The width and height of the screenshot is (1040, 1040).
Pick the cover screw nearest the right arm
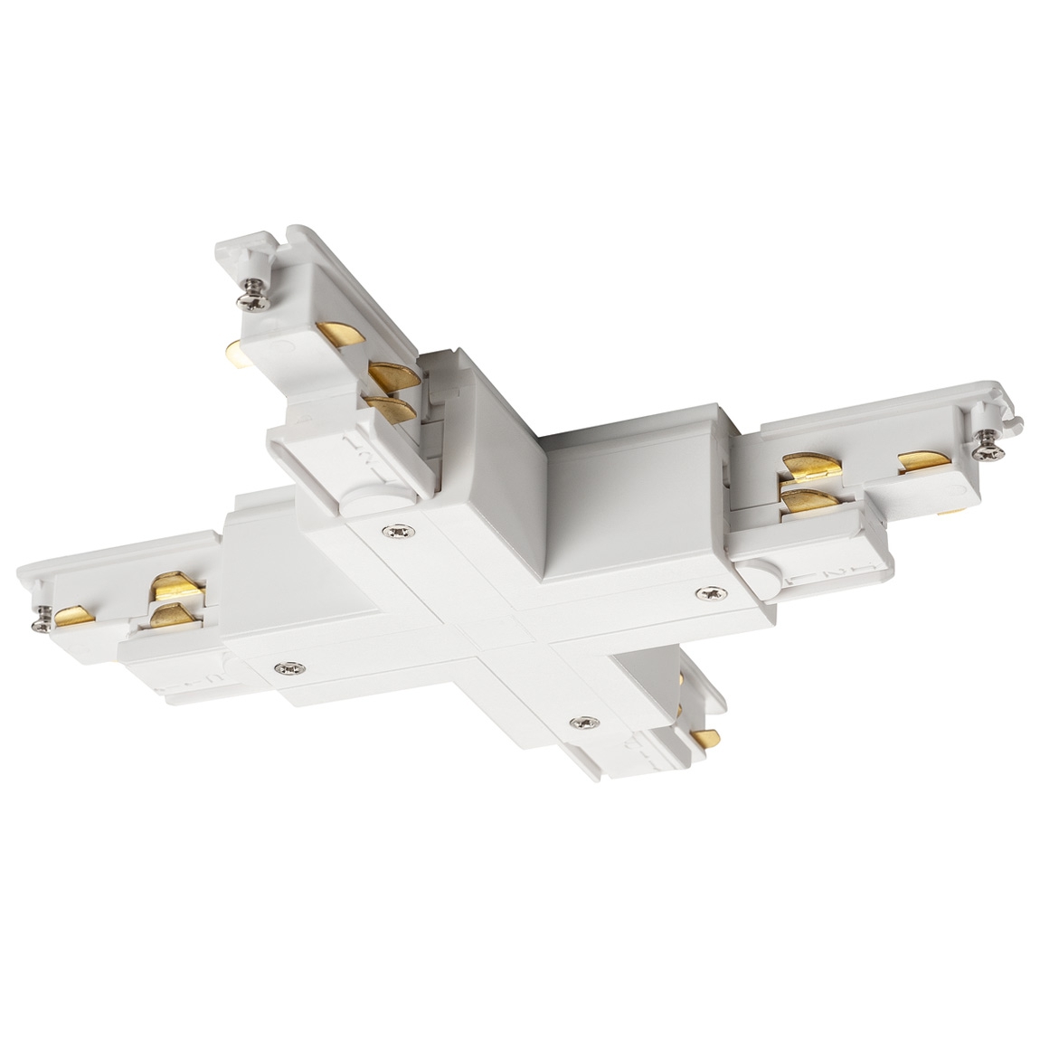(x=708, y=593)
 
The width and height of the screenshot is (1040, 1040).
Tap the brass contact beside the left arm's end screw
(x=71, y=617)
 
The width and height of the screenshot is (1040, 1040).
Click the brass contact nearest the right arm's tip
(x=922, y=462)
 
